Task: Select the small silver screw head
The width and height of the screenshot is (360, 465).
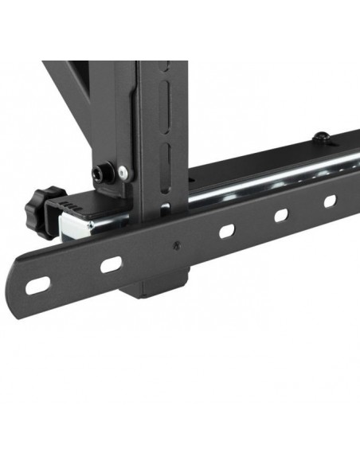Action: coord(122,171)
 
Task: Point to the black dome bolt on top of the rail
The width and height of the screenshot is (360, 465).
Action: coord(320,138)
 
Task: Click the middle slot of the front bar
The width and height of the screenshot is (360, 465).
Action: coord(226,232)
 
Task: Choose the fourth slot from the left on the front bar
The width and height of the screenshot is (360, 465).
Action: coord(280,215)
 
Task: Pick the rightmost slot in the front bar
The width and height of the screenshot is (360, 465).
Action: coord(329,201)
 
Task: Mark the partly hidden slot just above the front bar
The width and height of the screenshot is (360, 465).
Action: coord(164,209)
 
